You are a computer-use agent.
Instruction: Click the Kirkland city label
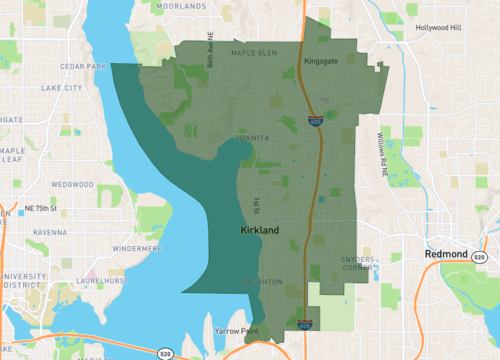(260, 231)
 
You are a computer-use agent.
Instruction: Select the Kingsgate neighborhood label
(320, 61)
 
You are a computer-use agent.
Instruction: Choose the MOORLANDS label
(182, 6)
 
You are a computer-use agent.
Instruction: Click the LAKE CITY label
(62, 88)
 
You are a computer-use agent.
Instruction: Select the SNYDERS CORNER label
(357, 263)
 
